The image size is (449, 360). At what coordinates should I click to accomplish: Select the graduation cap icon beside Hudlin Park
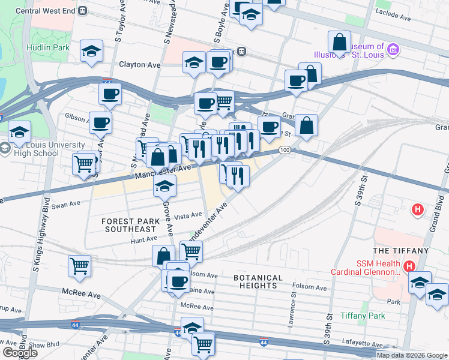point(92,52)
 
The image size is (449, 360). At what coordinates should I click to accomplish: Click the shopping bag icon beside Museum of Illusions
point(339,43)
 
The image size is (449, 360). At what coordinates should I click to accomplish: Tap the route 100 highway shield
point(285,149)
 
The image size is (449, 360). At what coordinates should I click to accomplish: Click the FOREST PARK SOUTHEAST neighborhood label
point(130,225)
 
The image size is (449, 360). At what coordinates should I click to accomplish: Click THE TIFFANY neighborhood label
point(401,250)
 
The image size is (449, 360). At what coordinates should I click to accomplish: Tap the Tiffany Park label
point(362,316)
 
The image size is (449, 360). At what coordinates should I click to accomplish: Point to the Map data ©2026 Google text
point(411,355)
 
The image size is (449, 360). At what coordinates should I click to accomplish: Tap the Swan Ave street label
point(66,205)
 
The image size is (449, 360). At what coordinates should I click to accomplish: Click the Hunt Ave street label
point(143,241)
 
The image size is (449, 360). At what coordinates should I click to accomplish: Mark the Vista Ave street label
point(188,215)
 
